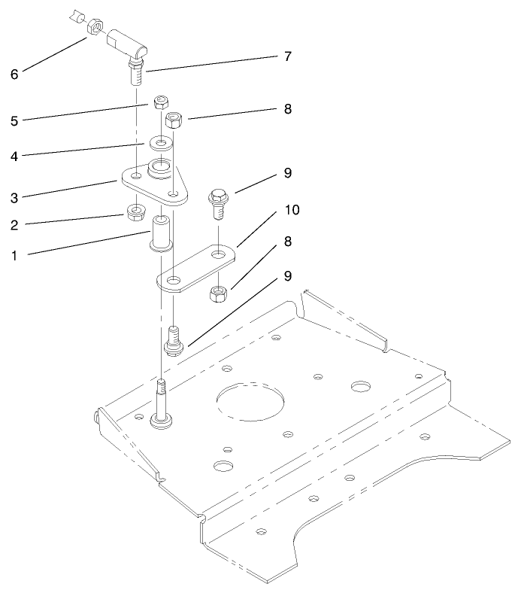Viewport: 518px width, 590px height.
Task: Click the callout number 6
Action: [14, 75]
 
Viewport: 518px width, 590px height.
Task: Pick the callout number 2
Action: [14, 224]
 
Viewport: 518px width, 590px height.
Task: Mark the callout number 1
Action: [14, 255]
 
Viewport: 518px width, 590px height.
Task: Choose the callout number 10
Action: [291, 210]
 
